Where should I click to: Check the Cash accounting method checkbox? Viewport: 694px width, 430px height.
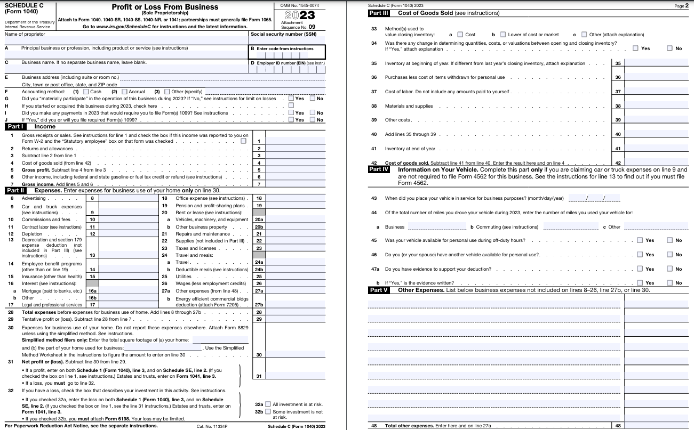pyautogui.click(x=86, y=92)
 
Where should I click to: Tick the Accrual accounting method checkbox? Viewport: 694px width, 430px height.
pyautogui.click(x=124, y=92)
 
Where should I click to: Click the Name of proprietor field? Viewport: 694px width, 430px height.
pyautogui.click(x=126, y=40)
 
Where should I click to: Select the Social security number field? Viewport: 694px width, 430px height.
pyautogui.click(x=287, y=40)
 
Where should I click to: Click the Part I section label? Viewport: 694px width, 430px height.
pyautogui.click(x=15, y=127)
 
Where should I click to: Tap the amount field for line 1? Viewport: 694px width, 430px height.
pyautogui.click(x=295, y=141)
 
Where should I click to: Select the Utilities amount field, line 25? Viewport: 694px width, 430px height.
pyautogui.click(x=295, y=277)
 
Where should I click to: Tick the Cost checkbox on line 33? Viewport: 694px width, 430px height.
pyautogui.click(x=460, y=35)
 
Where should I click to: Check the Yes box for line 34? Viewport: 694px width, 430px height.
pyautogui.click(x=635, y=48)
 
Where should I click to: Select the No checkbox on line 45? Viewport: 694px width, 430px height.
pyautogui.click(x=669, y=240)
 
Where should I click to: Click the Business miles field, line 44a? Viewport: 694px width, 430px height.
pyautogui.click(x=437, y=226)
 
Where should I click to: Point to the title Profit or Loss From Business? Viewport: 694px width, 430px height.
pyautogui.click(x=165, y=7)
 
